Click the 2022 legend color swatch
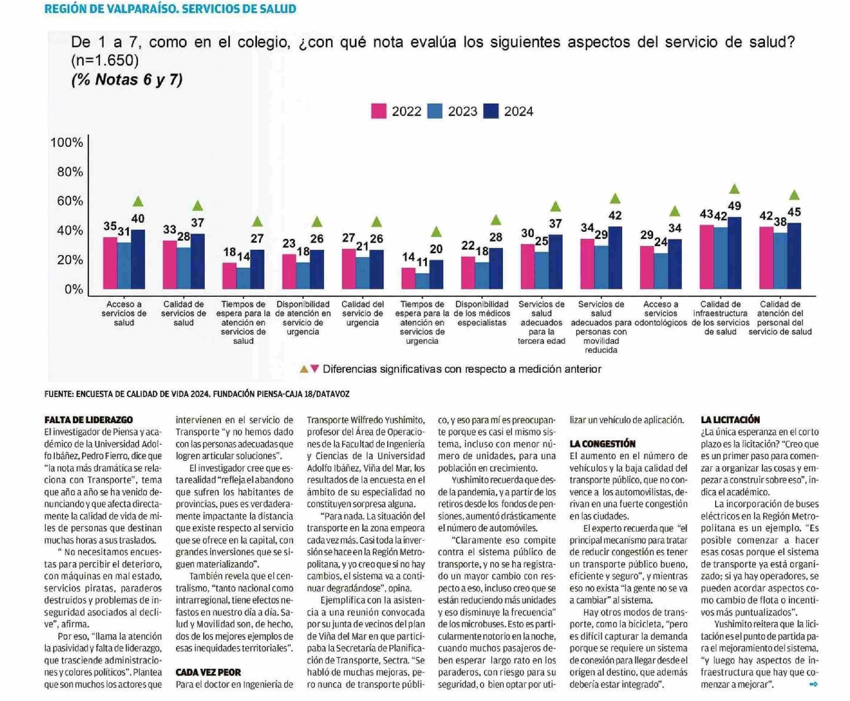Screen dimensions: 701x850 (x=378, y=112)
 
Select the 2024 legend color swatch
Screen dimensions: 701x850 (x=491, y=112)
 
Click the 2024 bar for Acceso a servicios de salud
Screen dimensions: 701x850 (x=138, y=259)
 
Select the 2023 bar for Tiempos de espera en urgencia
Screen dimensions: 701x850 (x=422, y=281)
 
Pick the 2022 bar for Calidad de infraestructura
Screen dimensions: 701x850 (x=706, y=257)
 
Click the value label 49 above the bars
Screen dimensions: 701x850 (x=734, y=206)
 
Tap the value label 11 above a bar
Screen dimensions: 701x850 (x=422, y=263)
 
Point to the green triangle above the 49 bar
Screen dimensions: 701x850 (x=734, y=189)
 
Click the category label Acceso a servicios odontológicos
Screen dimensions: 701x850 (x=661, y=313)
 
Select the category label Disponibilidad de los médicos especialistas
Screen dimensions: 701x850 (x=482, y=313)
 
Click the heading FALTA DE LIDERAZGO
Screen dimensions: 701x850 (x=89, y=420)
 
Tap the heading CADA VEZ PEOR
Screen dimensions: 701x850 (x=208, y=672)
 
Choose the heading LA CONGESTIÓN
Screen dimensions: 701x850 (x=602, y=444)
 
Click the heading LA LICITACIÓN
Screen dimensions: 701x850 (x=730, y=420)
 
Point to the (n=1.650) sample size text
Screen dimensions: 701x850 (x=105, y=61)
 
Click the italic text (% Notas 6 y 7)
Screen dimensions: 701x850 (x=127, y=79)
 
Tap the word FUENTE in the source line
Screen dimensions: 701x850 (x=58, y=394)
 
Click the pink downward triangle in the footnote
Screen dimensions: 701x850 (x=315, y=369)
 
